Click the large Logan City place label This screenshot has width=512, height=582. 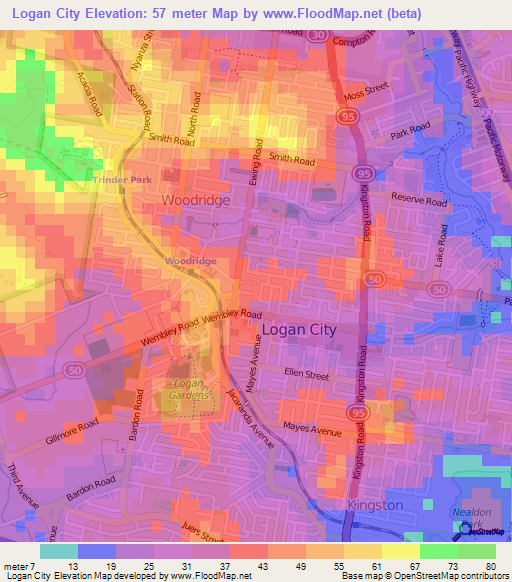[x=298, y=328]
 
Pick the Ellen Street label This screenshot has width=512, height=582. [x=306, y=375]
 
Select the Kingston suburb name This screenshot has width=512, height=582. [x=375, y=505]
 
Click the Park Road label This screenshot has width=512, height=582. [x=409, y=132]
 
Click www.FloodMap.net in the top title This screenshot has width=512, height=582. [x=329, y=13]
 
